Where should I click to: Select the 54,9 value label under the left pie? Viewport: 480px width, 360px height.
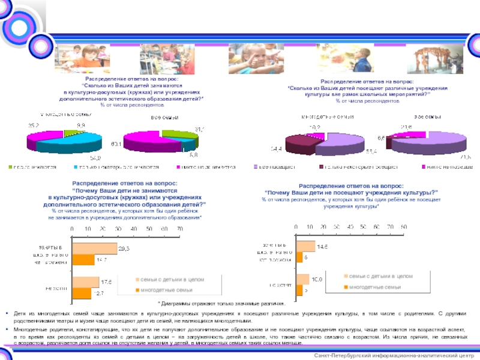[x=95, y=158]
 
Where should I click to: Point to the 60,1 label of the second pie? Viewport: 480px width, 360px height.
[x=116, y=144]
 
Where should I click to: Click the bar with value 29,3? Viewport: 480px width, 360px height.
[x=94, y=248]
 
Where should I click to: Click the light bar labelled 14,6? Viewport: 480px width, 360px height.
[x=305, y=246]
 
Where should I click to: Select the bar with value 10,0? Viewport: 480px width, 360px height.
[x=302, y=279]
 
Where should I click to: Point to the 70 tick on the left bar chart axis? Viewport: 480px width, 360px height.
[x=179, y=229]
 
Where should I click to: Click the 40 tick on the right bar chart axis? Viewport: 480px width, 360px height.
[x=350, y=227]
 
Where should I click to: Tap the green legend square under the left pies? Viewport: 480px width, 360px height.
[x=10, y=168]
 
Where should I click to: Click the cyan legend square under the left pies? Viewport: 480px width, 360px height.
[x=77, y=168]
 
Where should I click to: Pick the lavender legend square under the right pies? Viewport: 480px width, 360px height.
[x=256, y=167]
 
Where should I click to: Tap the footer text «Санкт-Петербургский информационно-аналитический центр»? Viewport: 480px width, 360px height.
[x=398, y=356]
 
